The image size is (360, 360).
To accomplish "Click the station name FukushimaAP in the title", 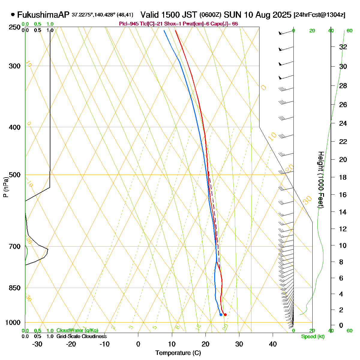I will (x=43, y=15).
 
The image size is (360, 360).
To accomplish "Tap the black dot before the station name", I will (x=13, y=14).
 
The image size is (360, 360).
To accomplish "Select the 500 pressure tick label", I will (x=15, y=175).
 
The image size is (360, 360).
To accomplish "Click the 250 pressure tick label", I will (x=15, y=27).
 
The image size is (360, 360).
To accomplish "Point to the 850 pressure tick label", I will (x=15, y=288).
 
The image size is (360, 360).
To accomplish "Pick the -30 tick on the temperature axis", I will (x=37, y=344).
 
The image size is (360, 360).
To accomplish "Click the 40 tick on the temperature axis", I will (x=273, y=344).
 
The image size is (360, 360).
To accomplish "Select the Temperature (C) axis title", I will (x=178, y=353).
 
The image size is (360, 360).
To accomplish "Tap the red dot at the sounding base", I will (x=225, y=314).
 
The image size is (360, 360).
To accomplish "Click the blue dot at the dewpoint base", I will (x=221, y=315).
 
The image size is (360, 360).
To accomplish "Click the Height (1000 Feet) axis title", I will (x=320, y=180).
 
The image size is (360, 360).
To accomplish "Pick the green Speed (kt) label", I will (x=313, y=337).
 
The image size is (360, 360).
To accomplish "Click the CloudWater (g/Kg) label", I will (x=77, y=331).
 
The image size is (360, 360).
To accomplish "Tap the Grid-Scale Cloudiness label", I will (x=81, y=337).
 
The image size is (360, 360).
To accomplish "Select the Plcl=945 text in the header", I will (x=129, y=24).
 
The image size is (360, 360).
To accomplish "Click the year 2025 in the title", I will (x=281, y=15).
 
